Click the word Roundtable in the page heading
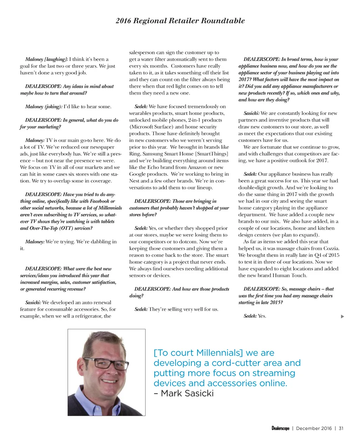[x=223, y=21]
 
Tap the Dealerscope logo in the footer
[x=280, y=428]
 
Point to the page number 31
[x=341, y=428]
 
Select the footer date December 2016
[x=314, y=428]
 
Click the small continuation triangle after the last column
[x=342, y=317]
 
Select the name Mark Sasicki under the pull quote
[x=187, y=393]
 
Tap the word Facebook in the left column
[x=100, y=201]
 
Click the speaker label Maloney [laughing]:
[x=46, y=59]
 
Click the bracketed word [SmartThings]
[x=212, y=154]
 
